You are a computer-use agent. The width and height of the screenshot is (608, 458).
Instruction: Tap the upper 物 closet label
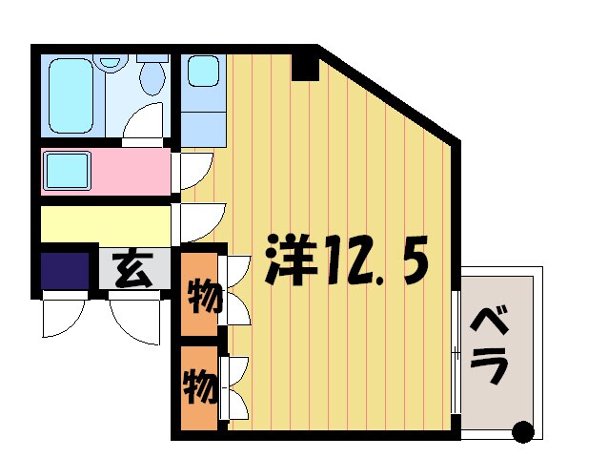[x=200, y=297]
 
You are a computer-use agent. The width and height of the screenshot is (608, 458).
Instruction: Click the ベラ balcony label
[x=493, y=344]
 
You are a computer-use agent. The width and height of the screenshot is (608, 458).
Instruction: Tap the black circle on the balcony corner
[x=522, y=430]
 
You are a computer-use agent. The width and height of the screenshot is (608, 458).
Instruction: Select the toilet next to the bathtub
[x=152, y=76]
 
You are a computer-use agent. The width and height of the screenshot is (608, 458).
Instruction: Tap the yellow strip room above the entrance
[x=105, y=225]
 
